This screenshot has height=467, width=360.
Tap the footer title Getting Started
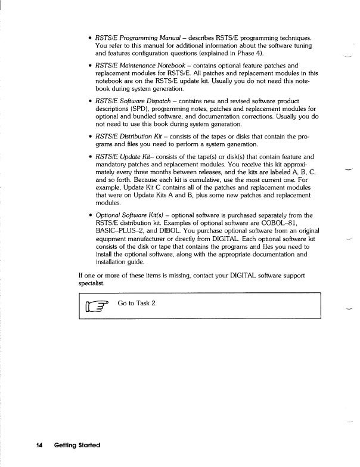tap(76, 446)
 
